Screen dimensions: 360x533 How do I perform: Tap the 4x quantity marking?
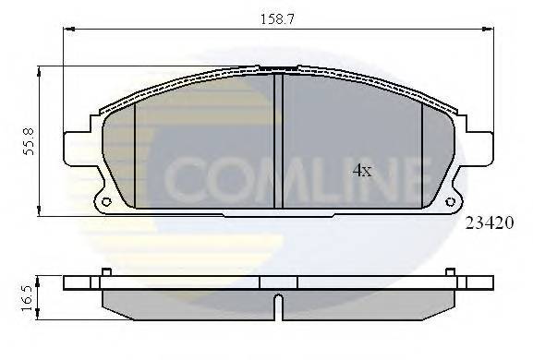tap(361, 171)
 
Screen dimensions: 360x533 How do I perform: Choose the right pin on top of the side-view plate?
tap(449, 271)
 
